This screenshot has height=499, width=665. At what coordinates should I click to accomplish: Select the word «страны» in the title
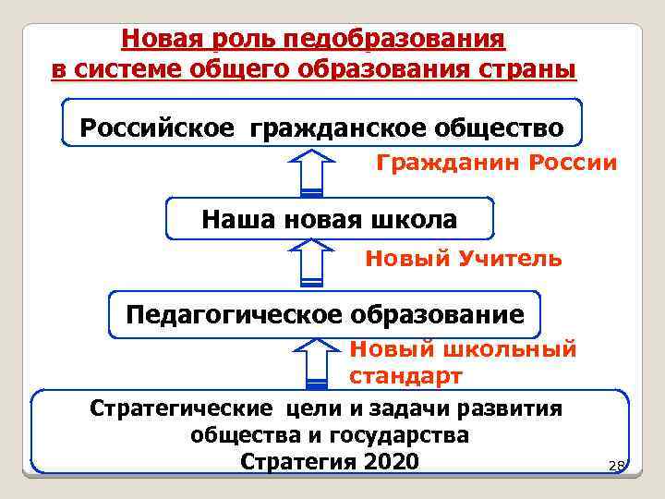[x=530, y=70]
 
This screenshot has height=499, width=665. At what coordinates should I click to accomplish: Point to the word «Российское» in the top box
[x=149, y=126]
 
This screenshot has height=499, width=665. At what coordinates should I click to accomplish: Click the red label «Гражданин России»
[x=496, y=164]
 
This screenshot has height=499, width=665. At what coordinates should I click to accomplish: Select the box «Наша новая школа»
[x=329, y=219]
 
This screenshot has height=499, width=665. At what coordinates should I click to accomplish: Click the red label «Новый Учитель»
[x=463, y=259]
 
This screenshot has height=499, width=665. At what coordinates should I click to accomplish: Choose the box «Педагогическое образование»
[x=324, y=314]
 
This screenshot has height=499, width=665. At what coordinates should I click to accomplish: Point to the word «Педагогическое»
[x=234, y=315]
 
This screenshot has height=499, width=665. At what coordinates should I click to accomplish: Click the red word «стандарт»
[x=405, y=377]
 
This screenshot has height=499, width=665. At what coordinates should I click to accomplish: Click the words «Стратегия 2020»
[x=329, y=461]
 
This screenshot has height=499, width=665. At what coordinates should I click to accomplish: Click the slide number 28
[x=616, y=467]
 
